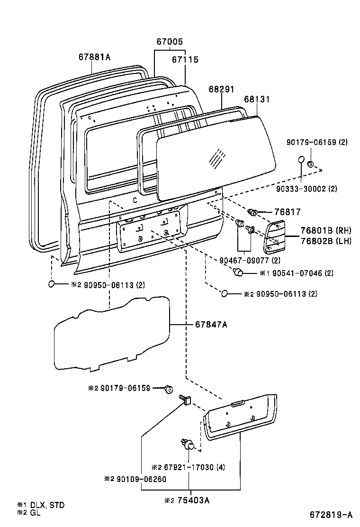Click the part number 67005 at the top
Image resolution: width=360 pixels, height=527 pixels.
click(170, 42)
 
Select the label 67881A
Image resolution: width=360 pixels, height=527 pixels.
click(94, 57)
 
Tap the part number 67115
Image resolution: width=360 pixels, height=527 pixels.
click(185, 60)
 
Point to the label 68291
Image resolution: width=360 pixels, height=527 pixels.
click(221, 89)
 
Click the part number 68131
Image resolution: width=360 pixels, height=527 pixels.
click(257, 99)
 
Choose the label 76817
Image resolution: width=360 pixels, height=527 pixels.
click(288, 212)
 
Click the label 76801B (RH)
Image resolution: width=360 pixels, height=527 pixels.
click(326, 230)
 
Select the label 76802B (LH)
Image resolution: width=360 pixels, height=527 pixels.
click(326, 241)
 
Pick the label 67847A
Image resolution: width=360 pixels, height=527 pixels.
click(211, 324)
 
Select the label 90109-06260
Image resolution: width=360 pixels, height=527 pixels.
click(141, 479)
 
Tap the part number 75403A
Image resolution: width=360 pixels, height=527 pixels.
click(193, 500)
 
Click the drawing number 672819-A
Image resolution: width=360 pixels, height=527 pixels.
click(331, 515)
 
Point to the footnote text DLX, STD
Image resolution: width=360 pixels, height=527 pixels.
click(47, 505)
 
